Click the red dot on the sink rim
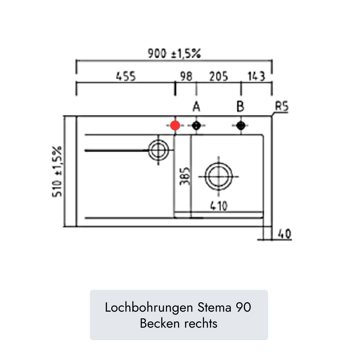click(175, 125)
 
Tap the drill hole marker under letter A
click(196, 125)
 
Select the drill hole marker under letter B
click(241, 125)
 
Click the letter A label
click(196, 107)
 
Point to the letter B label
click(240, 107)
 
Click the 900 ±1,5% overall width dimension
click(174, 53)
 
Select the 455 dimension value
click(126, 76)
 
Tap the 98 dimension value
click(186, 76)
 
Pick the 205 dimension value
click(219, 76)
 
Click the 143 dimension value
click(256, 76)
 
